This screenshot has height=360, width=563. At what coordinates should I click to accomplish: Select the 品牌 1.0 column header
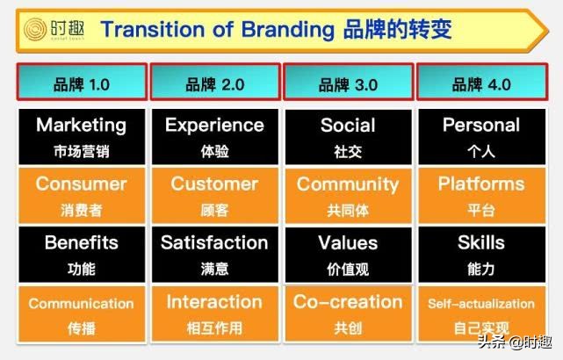coord(82,84)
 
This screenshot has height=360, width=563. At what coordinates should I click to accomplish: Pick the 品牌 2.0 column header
coord(215,84)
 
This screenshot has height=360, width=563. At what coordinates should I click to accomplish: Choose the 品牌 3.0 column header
coord(349,84)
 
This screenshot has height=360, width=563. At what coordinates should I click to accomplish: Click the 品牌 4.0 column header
coord(481,84)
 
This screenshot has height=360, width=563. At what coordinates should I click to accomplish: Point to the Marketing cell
coord(82,136)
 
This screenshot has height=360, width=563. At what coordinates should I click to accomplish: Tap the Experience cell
coord(214,136)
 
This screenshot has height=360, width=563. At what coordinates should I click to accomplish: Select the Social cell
coord(348,136)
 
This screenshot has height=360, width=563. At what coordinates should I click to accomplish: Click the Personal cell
coord(480,136)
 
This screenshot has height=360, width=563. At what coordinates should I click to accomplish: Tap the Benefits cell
coord(82,253)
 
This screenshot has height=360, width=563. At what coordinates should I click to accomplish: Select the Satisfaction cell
coord(214,253)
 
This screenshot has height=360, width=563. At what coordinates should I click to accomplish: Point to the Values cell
coord(348,253)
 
